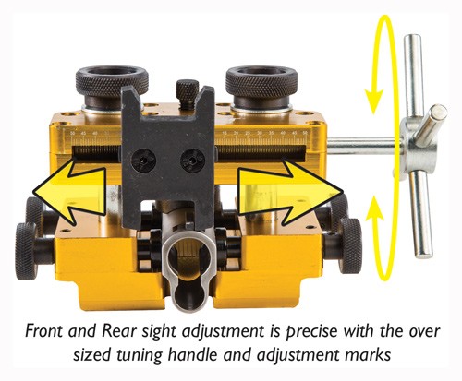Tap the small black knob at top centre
click(x=188, y=91)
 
